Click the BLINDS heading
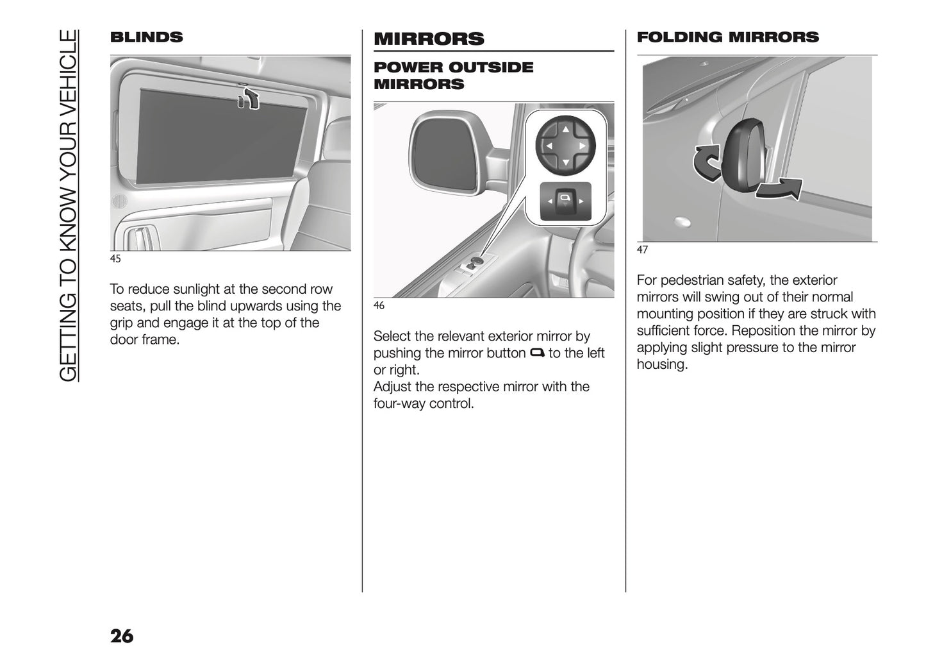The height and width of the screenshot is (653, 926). (x=146, y=37)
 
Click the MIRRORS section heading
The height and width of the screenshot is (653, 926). (x=429, y=38)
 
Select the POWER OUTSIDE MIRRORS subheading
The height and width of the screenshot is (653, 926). (x=453, y=76)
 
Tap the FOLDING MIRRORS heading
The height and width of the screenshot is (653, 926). (x=727, y=37)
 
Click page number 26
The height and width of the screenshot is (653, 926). (x=122, y=636)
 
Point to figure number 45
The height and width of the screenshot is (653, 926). (x=115, y=259)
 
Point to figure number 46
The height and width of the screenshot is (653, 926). (x=379, y=306)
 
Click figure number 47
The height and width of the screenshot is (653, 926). (x=642, y=250)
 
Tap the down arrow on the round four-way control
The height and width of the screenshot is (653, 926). (x=565, y=163)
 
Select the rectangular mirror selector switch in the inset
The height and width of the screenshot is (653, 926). (x=565, y=201)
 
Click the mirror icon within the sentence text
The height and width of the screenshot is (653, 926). (x=537, y=353)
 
